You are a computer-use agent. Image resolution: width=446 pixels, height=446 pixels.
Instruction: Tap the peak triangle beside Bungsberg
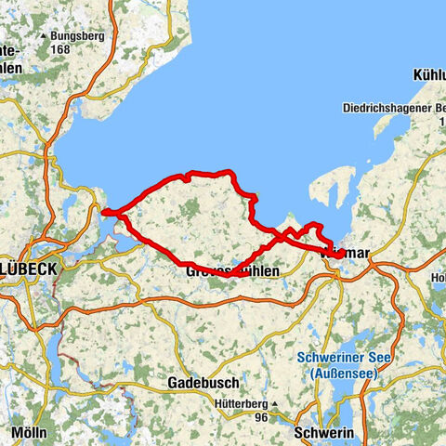[x=43, y=36]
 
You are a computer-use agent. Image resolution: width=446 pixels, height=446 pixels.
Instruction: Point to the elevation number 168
[x=61, y=48]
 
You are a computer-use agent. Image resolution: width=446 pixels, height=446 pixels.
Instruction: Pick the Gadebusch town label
[x=203, y=383]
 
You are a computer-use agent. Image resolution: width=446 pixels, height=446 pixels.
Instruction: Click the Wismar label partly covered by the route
[x=346, y=253]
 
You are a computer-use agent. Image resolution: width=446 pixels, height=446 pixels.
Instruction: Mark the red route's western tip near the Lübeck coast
[x=104, y=212]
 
